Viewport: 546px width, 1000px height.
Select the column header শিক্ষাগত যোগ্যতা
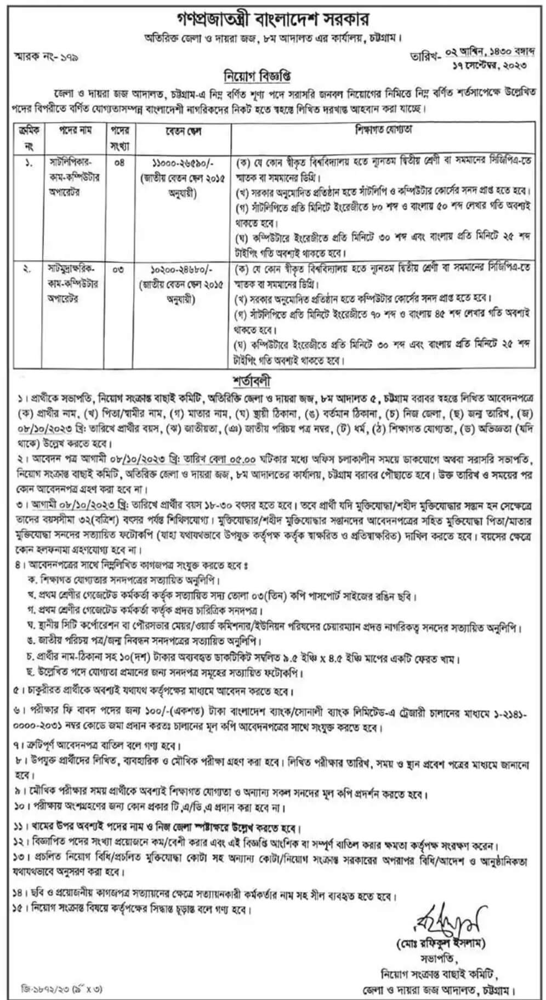383,130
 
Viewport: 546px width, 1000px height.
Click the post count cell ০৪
119,162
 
